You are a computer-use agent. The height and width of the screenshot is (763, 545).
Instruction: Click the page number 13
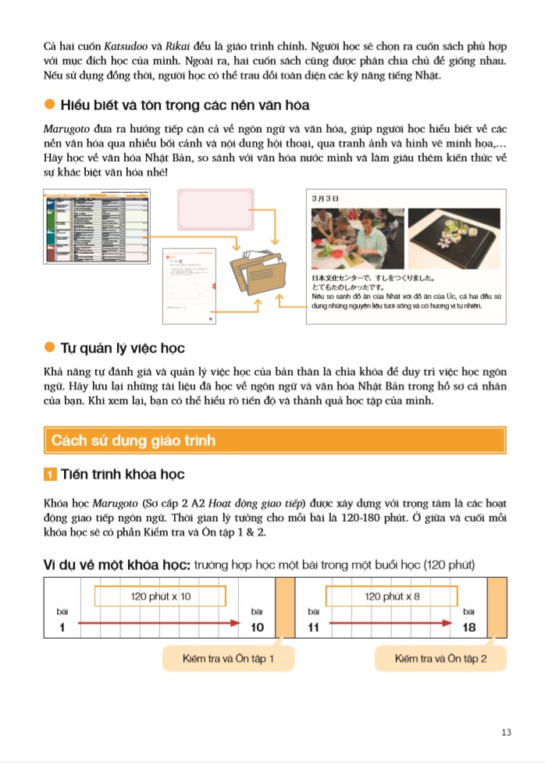tap(507, 732)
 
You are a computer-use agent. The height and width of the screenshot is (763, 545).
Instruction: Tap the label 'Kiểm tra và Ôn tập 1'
tap(228, 659)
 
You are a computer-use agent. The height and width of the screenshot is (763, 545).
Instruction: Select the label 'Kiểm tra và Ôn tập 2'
tap(440, 659)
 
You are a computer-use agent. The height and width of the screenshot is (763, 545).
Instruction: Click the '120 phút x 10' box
tap(163, 596)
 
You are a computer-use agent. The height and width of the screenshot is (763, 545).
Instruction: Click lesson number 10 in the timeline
tap(258, 627)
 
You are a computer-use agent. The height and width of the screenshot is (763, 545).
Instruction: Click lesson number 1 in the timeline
tap(61, 627)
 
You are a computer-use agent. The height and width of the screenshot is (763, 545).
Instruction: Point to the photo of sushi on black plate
tap(454, 237)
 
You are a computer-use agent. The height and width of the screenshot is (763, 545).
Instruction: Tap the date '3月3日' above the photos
tap(324, 198)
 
